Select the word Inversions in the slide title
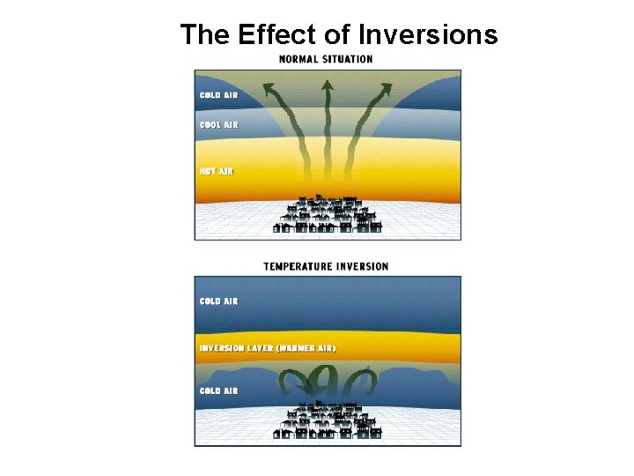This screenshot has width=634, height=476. coord(429,34)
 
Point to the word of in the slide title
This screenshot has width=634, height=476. coord(343,34)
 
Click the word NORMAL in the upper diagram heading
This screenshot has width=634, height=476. coord(299,59)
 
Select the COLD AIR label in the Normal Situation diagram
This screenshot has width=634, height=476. coord(218,95)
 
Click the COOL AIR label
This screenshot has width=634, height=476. coord(218,125)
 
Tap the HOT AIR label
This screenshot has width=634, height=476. coord(216,171)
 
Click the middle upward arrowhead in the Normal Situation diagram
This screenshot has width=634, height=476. coord(327,85)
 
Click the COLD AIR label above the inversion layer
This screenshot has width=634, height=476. coord(218,301)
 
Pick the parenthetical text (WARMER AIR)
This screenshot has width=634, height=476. coord(306,348)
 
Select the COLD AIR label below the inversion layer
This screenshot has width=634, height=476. coord(218,390)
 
